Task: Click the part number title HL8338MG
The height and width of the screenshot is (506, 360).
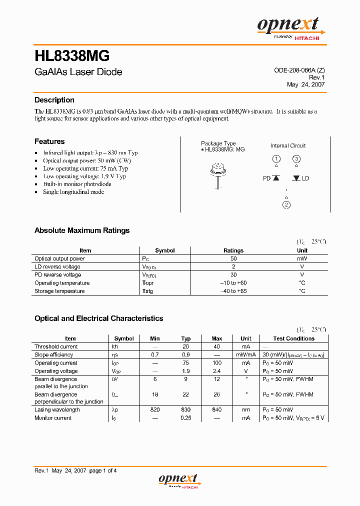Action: click(72, 55)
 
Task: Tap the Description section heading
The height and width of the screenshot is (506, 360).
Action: click(54, 100)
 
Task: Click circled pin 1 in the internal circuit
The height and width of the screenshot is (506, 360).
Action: click(276, 159)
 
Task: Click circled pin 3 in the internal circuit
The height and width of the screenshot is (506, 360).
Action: click(296, 159)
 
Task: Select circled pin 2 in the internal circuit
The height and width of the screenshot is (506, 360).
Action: click(286, 204)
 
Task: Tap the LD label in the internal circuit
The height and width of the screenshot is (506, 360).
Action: click(305, 178)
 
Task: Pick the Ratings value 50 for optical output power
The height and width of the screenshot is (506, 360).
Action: click(233, 258)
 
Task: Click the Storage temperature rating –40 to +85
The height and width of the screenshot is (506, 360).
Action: click(233, 291)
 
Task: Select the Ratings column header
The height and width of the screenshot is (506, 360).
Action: click(233, 250)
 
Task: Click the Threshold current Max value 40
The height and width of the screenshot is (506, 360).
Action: click(216, 346)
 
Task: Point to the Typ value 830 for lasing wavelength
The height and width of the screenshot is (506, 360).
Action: click(186, 409)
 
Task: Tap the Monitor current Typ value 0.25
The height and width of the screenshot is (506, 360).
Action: click(186, 418)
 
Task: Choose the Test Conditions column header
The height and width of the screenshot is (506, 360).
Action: click(293, 338)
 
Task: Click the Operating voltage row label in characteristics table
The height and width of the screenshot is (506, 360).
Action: click(56, 371)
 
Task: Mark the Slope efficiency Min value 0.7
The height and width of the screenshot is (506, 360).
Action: click(155, 354)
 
